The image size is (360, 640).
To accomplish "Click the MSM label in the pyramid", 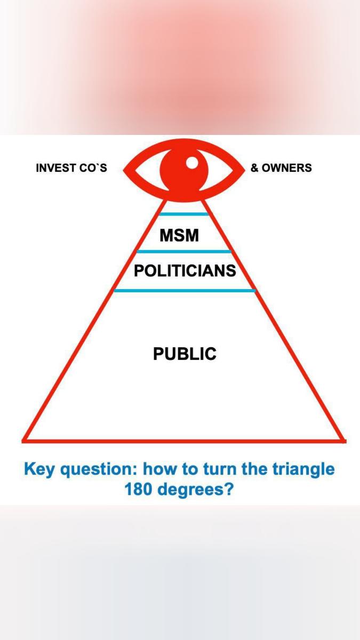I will point(179,234).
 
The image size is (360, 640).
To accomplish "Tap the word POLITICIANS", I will point(185,271).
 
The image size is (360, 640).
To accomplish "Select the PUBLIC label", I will point(185,354).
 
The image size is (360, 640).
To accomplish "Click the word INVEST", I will point(55,168).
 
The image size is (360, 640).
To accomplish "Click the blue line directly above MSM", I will point(184,214).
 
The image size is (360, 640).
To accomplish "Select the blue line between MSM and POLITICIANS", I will point(184,251).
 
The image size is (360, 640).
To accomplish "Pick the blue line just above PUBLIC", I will point(185,291).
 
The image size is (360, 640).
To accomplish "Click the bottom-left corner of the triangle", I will point(25,441).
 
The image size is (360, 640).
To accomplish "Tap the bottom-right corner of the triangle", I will point(343,441).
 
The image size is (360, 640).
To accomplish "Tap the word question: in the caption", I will point(99,470).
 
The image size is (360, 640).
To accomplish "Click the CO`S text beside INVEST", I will point(93,168).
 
